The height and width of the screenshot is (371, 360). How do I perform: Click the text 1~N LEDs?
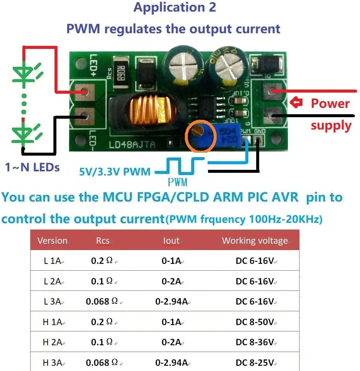(32, 167)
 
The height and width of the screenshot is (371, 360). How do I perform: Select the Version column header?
(52, 241)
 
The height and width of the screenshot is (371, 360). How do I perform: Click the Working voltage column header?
(255, 241)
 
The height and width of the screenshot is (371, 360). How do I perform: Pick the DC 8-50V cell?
(256, 322)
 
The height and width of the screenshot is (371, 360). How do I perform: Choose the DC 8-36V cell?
(256, 342)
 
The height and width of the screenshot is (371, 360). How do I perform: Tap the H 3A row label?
(53, 362)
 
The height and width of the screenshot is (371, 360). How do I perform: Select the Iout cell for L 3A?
(171, 302)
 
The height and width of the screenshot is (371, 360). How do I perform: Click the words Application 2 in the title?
(175, 7)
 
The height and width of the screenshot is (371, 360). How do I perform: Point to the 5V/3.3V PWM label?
(115, 172)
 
